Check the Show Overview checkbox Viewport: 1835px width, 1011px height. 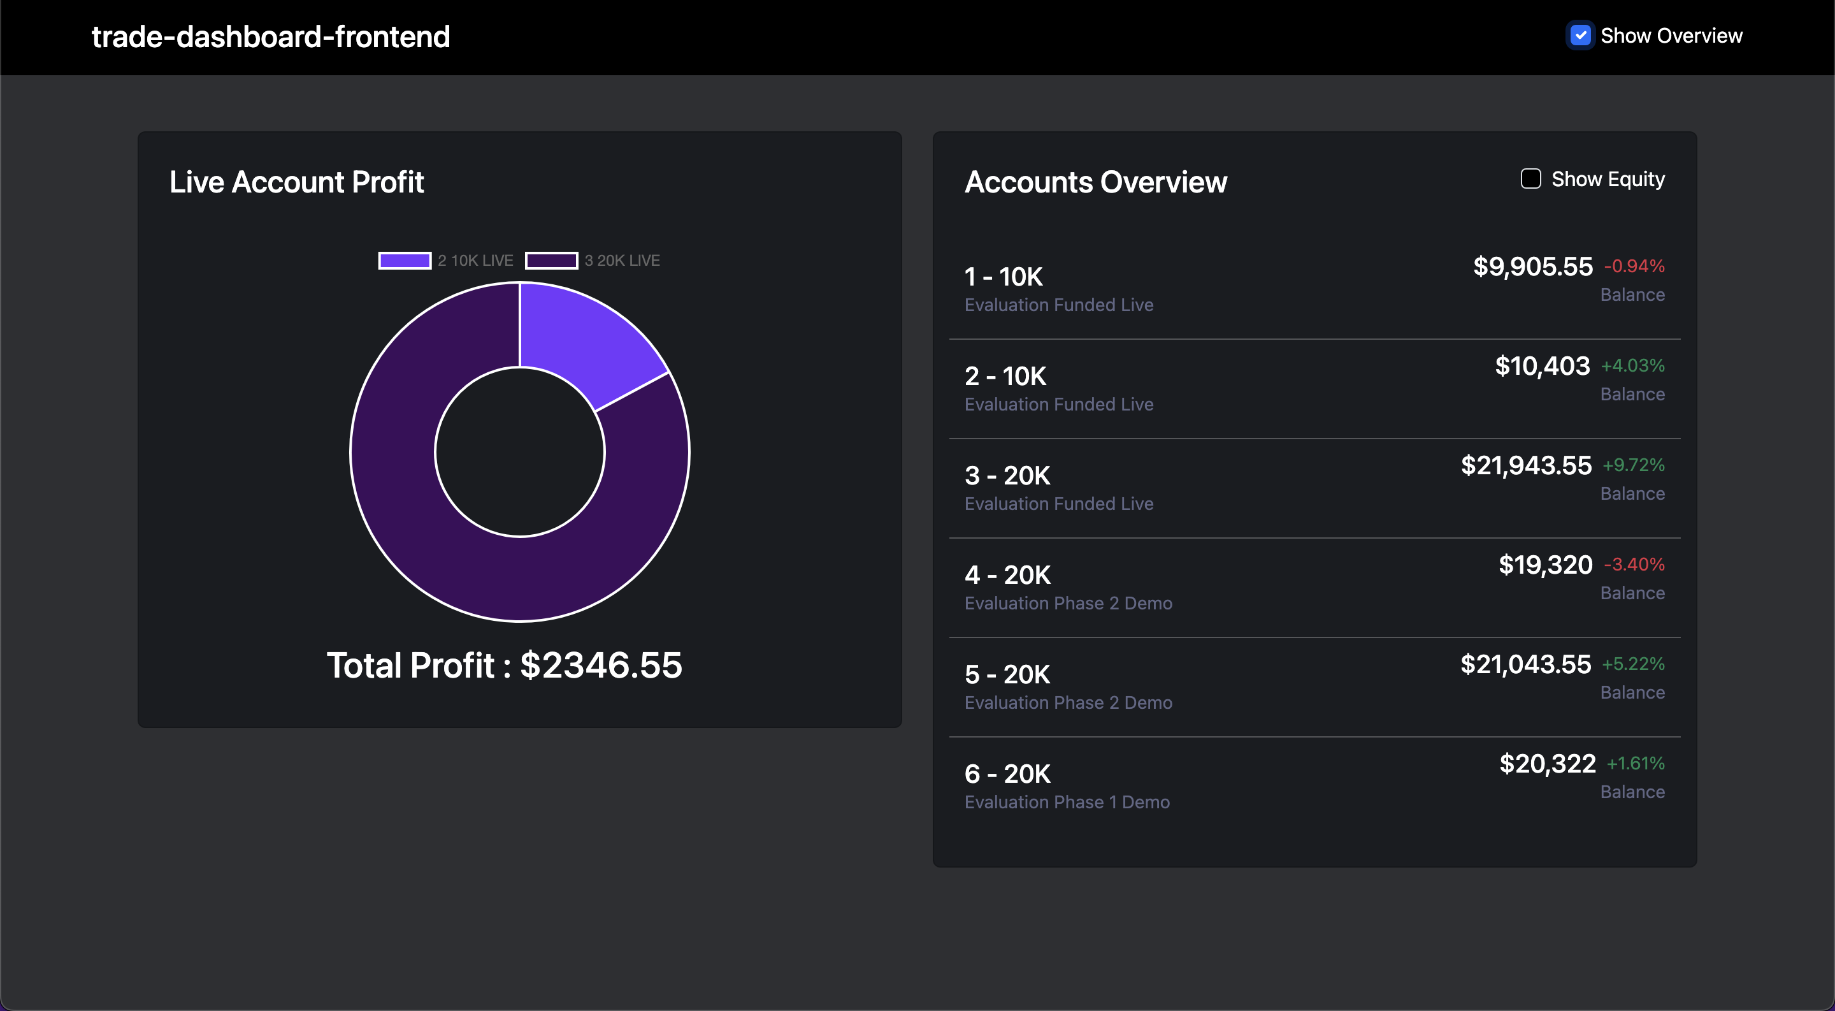point(1580,35)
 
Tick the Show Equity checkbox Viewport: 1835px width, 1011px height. point(1530,179)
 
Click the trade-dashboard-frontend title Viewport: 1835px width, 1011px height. point(271,36)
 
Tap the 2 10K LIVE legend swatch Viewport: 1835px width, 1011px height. point(405,261)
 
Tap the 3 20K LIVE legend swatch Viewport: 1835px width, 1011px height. point(551,261)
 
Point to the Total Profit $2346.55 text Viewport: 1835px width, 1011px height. point(505,666)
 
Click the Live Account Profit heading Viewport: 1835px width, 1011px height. point(296,182)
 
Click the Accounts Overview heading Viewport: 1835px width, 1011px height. point(1096,182)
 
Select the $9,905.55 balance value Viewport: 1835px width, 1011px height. point(1533,266)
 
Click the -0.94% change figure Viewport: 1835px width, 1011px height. point(1634,266)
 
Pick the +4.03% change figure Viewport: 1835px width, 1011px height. point(1632,366)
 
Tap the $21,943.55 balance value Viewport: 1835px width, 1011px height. point(1526,465)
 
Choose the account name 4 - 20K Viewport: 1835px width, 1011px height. point(1007,575)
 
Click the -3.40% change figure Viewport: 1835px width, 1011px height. point(1634,565)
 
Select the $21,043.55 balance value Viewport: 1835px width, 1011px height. point(1526,664)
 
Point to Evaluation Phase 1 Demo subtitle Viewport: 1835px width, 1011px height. point(1067,803)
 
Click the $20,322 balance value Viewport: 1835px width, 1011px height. point(1547,764)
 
